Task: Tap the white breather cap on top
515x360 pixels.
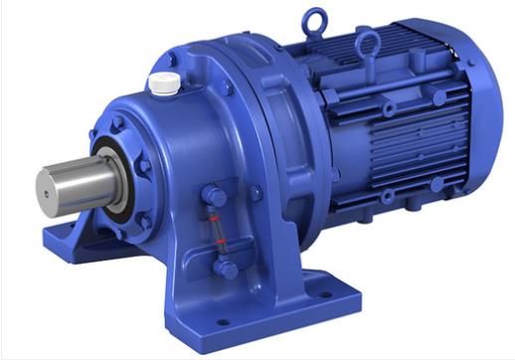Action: click(164, 83)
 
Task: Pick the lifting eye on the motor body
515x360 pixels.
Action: click(369, 43)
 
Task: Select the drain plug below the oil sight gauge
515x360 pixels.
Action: click(226, 269)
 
